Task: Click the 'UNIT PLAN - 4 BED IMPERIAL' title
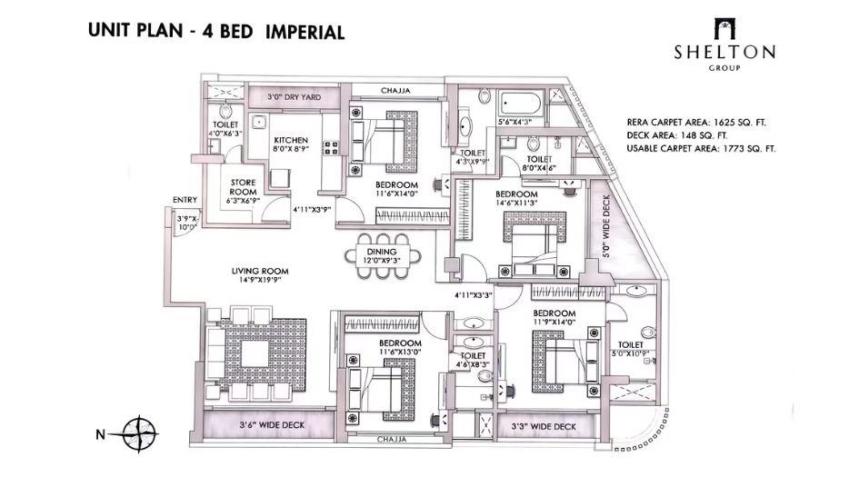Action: pos(216,33)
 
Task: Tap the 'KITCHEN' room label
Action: pos(292,140)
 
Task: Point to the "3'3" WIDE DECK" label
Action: pos(545,425)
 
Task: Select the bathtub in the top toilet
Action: pos(519,103)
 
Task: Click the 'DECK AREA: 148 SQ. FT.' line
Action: pos(679,134)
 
